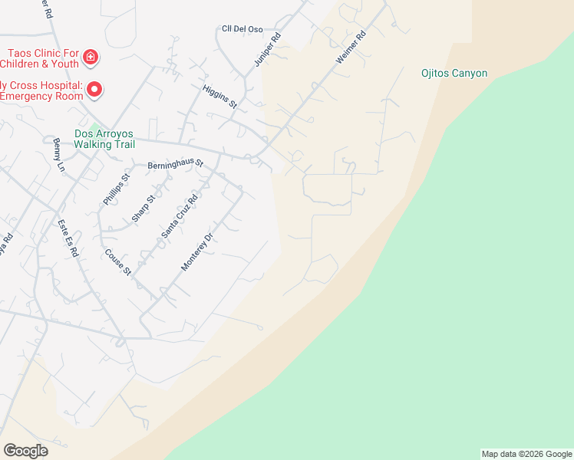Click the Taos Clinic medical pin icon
click(91, 57)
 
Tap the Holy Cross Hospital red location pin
click(94, 90)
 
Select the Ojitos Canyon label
click(454, 74)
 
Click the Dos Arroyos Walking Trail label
click(104, 139)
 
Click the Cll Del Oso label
click(242, 29)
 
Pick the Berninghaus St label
click(175, 164)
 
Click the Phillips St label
click(117, 189)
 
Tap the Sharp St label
click(143, 208)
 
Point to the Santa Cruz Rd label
click(180, 215)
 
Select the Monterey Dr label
click(196, 247)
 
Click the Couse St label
click(119, 262)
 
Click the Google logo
click(25, 451)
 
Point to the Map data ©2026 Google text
click(526, 454)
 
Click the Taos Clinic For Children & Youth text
click(42, 58)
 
